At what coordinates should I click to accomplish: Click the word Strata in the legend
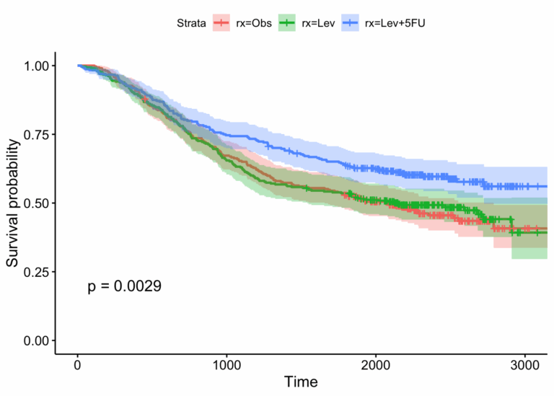(192, 23)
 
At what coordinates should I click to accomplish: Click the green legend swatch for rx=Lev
(287, 23)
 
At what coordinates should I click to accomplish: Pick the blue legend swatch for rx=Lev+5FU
(351, 23)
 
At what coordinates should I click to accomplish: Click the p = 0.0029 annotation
(124, 286)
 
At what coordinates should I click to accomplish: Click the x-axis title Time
(301, 380)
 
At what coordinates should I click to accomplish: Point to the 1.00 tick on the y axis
(35, 66)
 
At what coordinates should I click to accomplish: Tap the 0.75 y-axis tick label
(35, 134)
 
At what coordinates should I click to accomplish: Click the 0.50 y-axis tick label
(35, 203)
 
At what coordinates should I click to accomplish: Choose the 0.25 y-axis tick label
(35, 271)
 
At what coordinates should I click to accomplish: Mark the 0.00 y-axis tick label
(35, 340)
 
